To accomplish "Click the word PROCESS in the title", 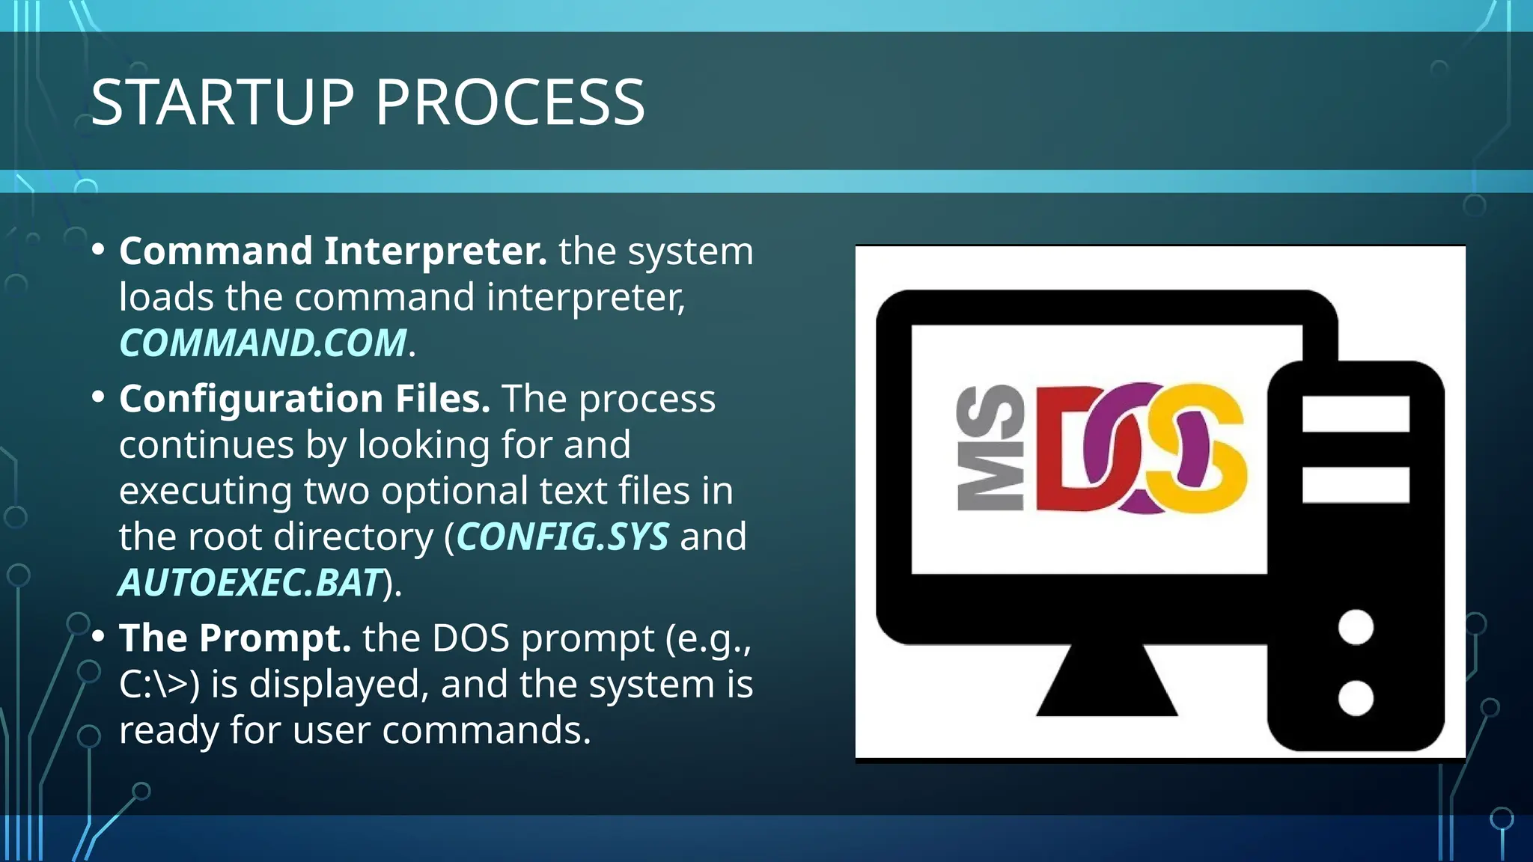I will (510, 103).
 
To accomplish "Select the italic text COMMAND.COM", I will (263, 343).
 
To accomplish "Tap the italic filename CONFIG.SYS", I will (562, 537).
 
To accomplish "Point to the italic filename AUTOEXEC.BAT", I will (251, 584).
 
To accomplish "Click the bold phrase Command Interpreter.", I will (333, 251).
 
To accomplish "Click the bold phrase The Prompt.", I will (235, 638).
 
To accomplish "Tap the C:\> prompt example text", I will (159, 685).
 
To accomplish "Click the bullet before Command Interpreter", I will (98, 251).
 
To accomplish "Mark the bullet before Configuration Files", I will (98, 398).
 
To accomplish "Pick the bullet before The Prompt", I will (98, 638).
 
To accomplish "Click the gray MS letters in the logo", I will (990, 448).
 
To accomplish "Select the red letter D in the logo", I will (1067, 449).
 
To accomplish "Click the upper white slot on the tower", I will (1356, 414).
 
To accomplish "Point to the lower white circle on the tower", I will (1356, 698).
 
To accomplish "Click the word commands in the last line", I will (487, 730).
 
